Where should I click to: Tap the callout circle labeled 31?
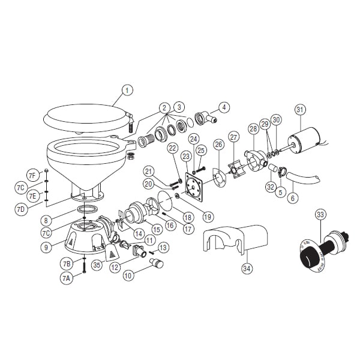coord(301,109)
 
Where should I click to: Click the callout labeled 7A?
coord(66,278)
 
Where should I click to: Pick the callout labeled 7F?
coord(33,174)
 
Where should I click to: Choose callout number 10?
coord(128,276)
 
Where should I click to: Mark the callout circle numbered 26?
coord(218,144)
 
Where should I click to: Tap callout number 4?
coord(223,108)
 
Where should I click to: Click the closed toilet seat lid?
coord(87,116)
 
